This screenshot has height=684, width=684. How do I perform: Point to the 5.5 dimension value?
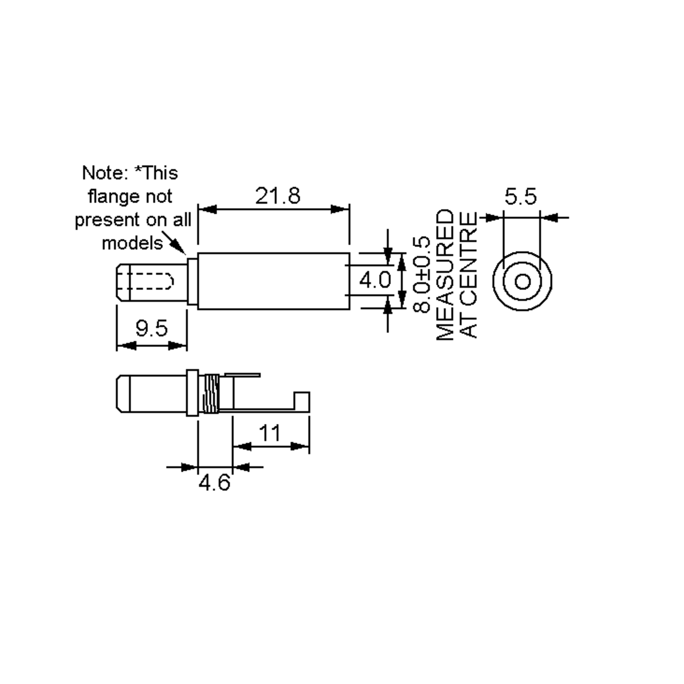[x=520, y=196]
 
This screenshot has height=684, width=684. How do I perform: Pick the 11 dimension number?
[x=270, y=433]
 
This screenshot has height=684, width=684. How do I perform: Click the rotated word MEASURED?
[x=445, y=275]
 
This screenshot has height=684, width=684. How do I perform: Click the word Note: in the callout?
[x=105, y=173]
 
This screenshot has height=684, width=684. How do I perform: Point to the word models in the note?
[x=132, y=243]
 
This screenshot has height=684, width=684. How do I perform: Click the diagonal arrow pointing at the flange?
[x=174, y=243]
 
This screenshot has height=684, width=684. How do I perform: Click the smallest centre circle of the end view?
[x=522, y=282]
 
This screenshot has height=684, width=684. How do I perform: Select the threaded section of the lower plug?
[x=211, y=394]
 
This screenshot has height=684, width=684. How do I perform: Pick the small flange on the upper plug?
[x=193, y=281]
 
